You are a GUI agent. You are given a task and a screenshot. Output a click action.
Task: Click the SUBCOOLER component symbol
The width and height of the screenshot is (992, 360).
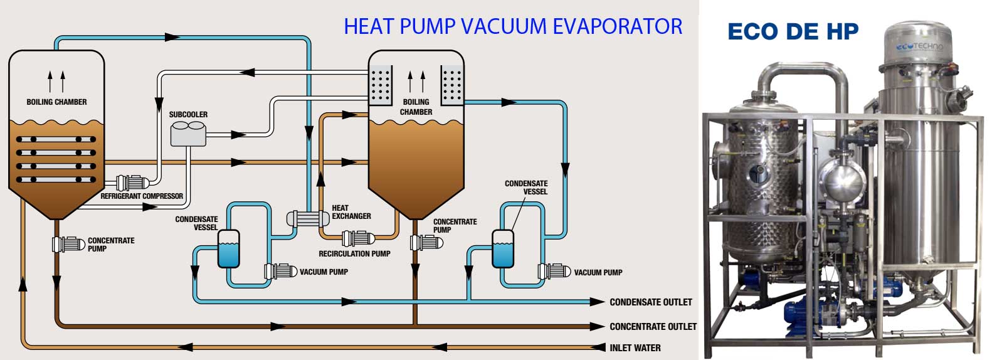[188, 134]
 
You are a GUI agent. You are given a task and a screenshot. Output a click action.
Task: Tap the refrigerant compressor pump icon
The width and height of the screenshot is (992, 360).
[132, 183]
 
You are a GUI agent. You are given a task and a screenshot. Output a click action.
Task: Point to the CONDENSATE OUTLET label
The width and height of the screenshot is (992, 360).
[650, 302]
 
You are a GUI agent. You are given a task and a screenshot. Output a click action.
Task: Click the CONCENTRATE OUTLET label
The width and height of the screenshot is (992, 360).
[653, 326]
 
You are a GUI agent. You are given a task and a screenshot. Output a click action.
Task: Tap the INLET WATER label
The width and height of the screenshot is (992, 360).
[635, 348]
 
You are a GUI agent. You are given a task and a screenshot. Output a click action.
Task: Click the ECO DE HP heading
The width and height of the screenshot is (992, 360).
[793, 31]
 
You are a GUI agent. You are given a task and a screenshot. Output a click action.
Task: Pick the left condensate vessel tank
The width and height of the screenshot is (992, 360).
[228, 248]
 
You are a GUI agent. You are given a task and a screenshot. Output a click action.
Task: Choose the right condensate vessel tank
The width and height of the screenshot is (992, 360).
[503, 248]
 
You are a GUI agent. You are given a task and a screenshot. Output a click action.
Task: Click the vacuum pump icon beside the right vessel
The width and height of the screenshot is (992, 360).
[554, 271]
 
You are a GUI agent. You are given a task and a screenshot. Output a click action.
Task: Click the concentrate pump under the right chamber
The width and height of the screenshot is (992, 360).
[426, 242]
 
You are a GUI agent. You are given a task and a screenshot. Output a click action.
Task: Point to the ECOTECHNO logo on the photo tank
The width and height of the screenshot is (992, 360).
[919, 46]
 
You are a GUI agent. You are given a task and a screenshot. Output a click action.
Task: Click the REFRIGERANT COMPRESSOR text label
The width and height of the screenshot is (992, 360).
[142, 196]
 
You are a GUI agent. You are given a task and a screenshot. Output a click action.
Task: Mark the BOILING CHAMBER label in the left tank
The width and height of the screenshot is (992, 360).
[56, 102]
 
